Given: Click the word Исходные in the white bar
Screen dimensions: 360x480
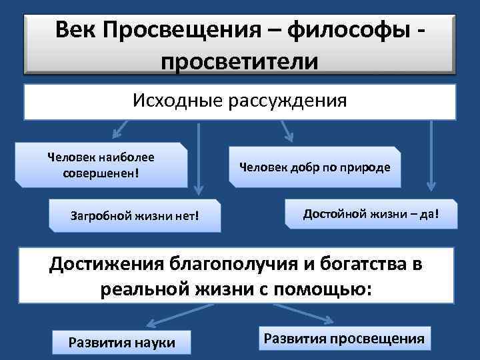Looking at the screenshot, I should pos(177,101).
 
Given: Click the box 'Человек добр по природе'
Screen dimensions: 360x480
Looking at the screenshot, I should pos(315,166).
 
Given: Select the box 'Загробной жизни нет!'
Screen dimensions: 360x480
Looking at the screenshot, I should pos(135,215).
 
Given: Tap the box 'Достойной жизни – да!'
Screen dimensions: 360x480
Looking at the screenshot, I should pos(371,215).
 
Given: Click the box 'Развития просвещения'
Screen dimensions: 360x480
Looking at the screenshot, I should pos(344,338).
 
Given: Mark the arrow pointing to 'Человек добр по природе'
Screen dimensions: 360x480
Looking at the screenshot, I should pos(286,131).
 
